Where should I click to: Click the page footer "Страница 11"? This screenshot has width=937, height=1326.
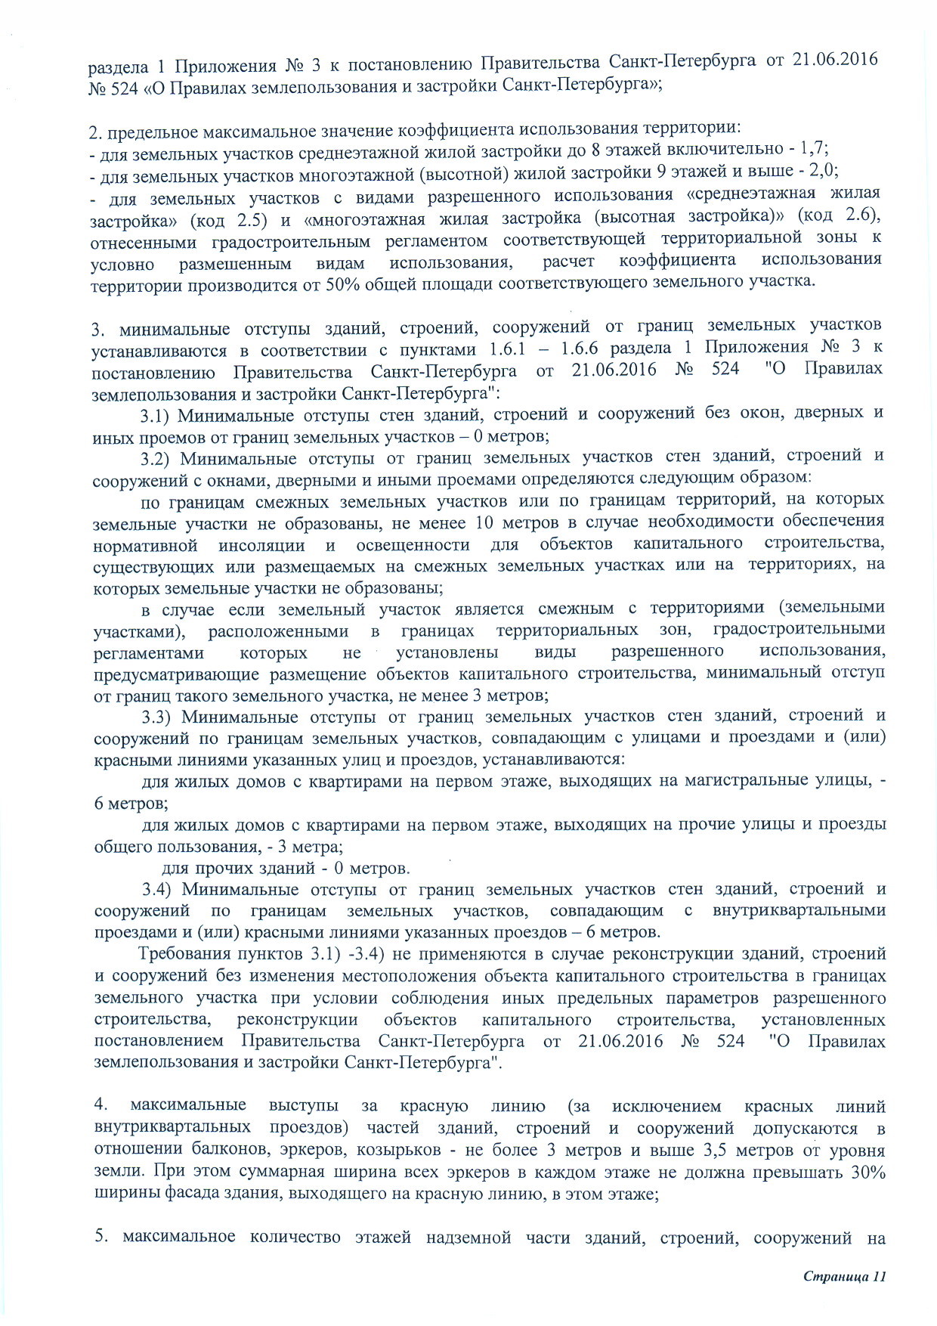[x=843, y=1276]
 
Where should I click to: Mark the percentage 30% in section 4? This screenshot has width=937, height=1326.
[x=867, y=1172]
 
